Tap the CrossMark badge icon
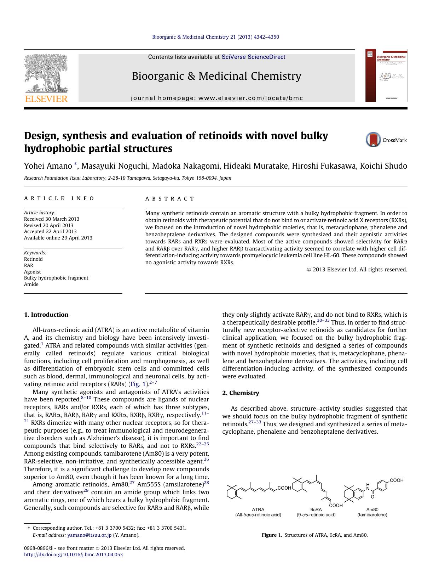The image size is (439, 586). coord(373,140)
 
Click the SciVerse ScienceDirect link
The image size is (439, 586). coord(253,57)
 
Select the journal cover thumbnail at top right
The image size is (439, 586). coord(386,75)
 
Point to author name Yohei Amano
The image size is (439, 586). coord(47,166)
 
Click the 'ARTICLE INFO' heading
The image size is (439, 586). coord(59,198)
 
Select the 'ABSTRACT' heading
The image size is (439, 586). coord(170,199)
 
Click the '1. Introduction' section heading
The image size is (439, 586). coord(46,315)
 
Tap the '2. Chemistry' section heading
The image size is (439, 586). coord(241,393)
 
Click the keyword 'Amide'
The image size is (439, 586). coord(31,284)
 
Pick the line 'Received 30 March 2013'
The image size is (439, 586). coord(52,219)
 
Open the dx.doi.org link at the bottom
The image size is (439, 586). coord(73,554)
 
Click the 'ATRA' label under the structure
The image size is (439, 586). coord(258,509)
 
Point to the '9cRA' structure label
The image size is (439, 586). coord(316,509)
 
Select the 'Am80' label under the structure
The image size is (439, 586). coord(372,509)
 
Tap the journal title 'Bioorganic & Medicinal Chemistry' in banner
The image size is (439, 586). coord(216,76)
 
